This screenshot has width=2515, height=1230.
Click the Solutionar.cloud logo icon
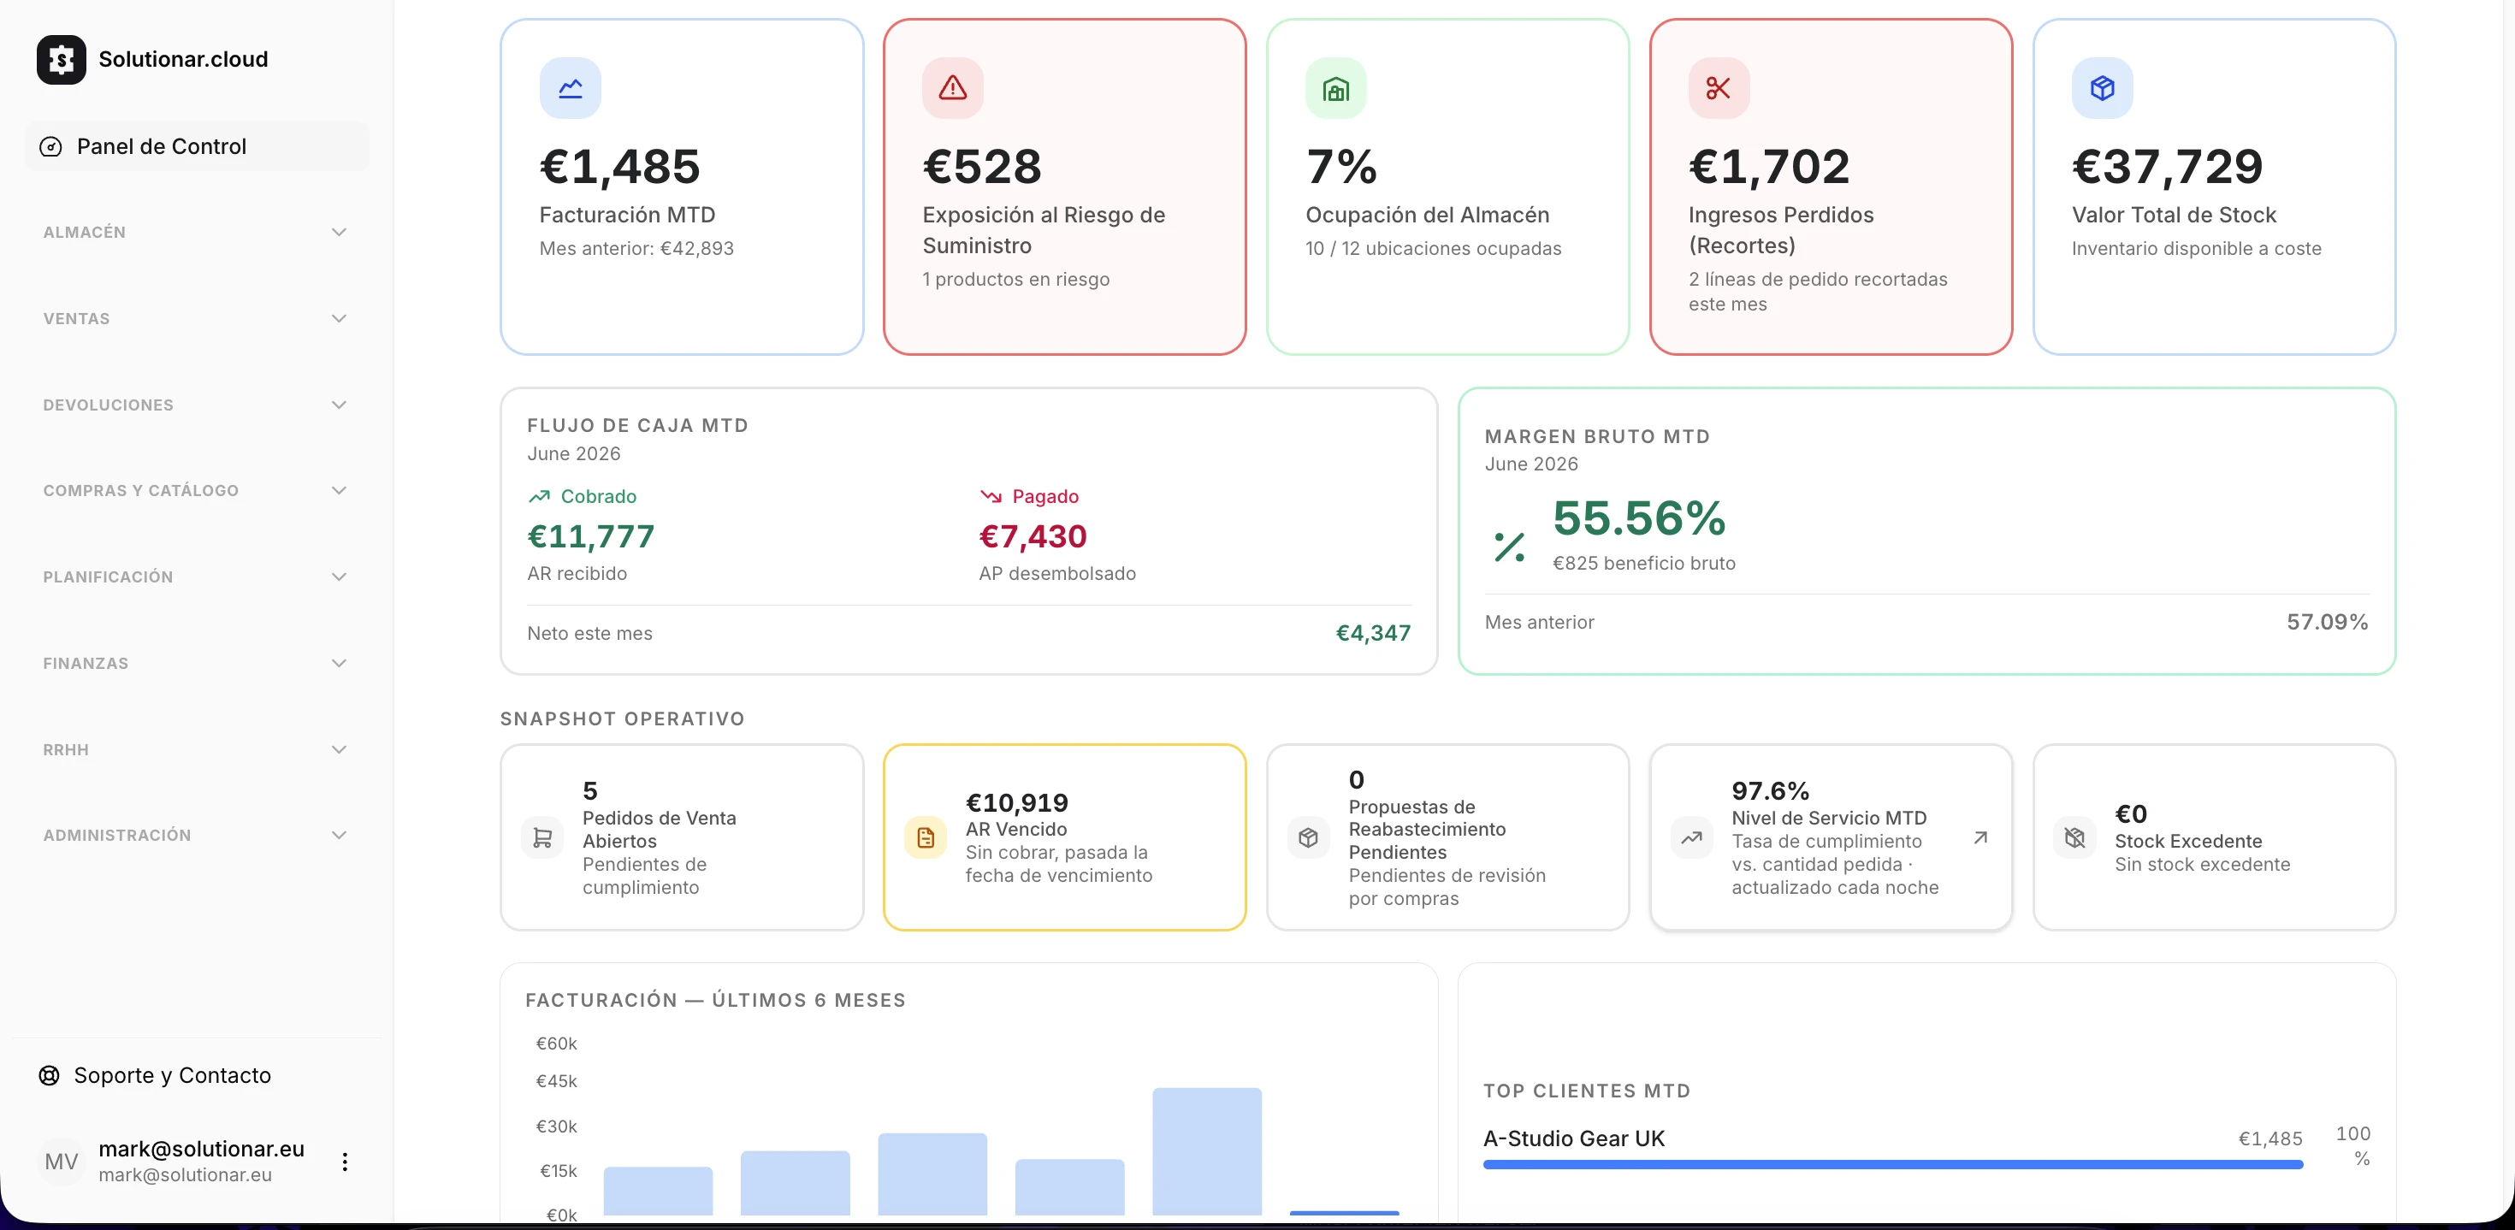coord(61,60)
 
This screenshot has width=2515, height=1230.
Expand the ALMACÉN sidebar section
coord(195,233)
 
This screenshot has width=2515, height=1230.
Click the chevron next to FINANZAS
coord(339,664)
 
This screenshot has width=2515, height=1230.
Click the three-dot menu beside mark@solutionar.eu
coord(345,1162)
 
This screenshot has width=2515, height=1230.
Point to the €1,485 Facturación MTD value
coord(620,167)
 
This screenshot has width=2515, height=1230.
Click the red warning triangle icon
coord(953,88)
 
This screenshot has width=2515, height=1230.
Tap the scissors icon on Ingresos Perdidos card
coord(1719,88)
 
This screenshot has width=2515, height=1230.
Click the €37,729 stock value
coord(2168,167)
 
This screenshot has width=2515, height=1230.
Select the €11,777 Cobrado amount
coord(590,536)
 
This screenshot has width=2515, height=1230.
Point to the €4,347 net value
coord(1373,634)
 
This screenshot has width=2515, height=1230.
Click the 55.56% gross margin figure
coord(1639,518)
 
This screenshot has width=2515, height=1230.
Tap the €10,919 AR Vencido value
coord(1016,803)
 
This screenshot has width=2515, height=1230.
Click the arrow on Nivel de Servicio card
coord(1980,837)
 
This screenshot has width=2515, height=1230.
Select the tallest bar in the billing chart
coord(1207,1152)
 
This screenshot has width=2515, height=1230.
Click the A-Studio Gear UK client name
coord(1574,1139)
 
